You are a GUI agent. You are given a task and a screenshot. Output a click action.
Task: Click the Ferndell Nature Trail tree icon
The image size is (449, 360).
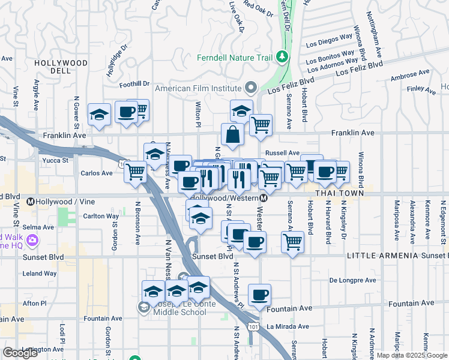tap(282, 58)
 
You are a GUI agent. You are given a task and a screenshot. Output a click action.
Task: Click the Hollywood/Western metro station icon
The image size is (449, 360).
tap(264, 198)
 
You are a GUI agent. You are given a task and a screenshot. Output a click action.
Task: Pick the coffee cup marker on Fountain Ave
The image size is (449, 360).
tap(259, 294)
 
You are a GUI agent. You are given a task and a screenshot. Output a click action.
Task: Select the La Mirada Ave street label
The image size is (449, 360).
tap(288, 327)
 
